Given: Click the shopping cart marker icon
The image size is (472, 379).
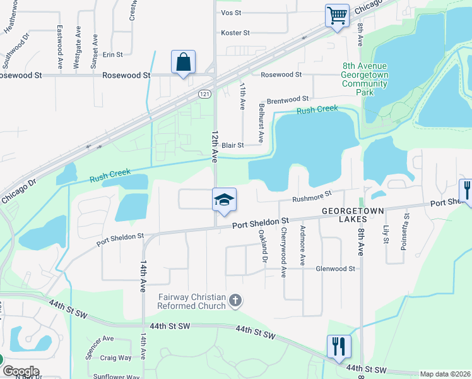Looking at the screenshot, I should [x=338, y=15].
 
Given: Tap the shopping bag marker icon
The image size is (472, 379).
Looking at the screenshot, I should [x=183, y=63].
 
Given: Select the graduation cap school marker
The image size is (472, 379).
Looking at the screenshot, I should [x=224, y=200].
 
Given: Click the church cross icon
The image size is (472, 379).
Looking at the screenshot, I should [x=235, y=301].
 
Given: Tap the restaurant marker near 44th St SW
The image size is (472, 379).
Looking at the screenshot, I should [x=339, y=346].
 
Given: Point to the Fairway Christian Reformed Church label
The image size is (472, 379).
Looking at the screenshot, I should [x=191, y=301].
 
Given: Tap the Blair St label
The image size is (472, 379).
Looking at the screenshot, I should [x=232, y=145].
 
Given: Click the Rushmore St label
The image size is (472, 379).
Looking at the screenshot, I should [x=312, y=197].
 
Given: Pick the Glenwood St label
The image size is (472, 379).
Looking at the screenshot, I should [x=335, y=268].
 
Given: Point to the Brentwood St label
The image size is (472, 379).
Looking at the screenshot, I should [x=287, y=100].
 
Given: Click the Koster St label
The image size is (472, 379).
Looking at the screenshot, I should [x=235, y=33].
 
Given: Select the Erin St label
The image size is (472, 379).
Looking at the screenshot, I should [x=113, y=55].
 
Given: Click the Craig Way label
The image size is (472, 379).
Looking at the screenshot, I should [x=115, y=358].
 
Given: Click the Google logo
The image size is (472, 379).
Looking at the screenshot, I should [x=20, y=371].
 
